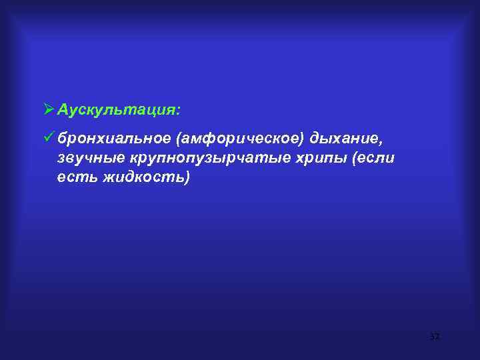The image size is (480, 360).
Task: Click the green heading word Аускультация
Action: pyautogui.click(x=117, y=109)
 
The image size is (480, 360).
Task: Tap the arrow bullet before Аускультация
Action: pyautogui.click(x=47, y=109)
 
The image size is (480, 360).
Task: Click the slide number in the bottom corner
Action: pyautogui.click(x=435, y=338)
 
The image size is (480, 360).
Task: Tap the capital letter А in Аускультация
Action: pyautogui.click(x=63, y=109)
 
